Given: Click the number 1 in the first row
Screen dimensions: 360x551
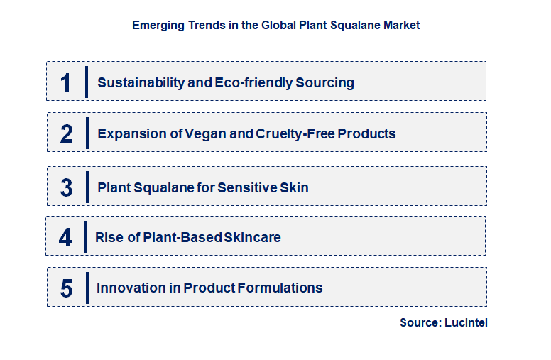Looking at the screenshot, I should pyautogui.click(x=66, y=83).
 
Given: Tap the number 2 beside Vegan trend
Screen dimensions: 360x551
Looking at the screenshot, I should pyautogui.click(x=67, y=134).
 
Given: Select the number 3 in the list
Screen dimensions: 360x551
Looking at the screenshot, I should pyautogui.click(x=67, y=188).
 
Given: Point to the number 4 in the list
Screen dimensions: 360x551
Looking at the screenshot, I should pyautogui.click(x=65, y=237).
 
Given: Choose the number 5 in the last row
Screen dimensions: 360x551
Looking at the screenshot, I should pyautogui.click(x=67, y=288).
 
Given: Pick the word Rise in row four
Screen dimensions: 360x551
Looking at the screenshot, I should pyautogui.click(x=109, y=237).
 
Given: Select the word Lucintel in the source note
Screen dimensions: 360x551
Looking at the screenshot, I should pyautogui.click(x=466, y=322).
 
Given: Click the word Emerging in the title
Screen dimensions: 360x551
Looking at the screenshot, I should pyautogui.click(x=156, y=25).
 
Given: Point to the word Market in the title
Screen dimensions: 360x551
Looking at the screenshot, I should pyautogui.click(x=402, y=25).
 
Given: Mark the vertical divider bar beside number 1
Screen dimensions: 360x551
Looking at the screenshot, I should pyautogui.click(x=87, y=82).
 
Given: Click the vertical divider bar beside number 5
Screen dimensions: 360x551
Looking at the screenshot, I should pyautogui.click(x=87, y=288).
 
